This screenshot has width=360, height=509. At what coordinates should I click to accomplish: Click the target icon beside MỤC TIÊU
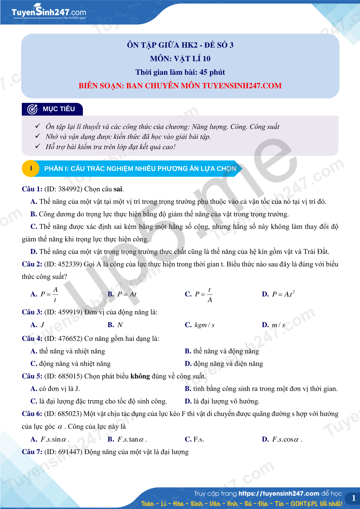[x=32, y=109]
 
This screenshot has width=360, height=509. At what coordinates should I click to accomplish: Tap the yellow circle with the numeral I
[x=31, y=168]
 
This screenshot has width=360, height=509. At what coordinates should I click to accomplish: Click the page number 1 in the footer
[x=353, y=498]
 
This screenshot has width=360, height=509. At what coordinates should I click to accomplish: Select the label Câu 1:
[x=32, y=189]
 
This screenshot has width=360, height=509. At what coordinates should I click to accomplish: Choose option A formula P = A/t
[x=49, y=294]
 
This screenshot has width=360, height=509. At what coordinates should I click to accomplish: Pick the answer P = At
[x=127, y=294]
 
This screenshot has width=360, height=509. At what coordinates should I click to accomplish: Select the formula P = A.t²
[x=283, y=294]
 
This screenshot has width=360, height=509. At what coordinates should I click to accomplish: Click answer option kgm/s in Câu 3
[x=205, y=325]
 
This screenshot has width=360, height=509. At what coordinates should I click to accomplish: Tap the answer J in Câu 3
[x=42, y=325]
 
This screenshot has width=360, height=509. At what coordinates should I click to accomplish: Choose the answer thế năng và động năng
[x=226, y=351]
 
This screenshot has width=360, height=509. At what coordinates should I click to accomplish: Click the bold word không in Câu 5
[x=140, y=376]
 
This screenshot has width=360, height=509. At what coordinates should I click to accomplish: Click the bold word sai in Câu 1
[x=118, y=189]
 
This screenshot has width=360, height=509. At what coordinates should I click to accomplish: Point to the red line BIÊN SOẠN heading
[x=180, y=86]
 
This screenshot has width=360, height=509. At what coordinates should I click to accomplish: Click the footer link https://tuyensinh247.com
[x=279, y=494]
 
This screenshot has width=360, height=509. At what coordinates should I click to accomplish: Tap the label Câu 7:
[x=32, y=452]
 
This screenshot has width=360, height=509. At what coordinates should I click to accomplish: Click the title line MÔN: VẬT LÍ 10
[x=180, y=59]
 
